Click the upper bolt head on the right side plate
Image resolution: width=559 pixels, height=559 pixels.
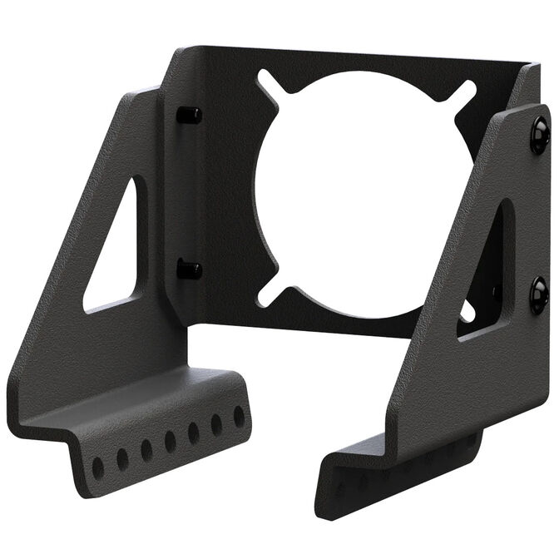click(540, 134)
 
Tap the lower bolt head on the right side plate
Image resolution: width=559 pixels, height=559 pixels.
click(539, 294)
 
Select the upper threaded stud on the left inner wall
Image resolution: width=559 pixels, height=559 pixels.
click(189, 115)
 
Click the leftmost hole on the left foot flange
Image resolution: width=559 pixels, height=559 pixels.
click(98, 467)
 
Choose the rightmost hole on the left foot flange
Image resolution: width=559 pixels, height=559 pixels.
click(239, 416)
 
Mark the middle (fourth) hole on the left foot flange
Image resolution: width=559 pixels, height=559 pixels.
click(170, 442)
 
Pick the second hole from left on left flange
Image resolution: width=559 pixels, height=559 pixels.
click(122, 459)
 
